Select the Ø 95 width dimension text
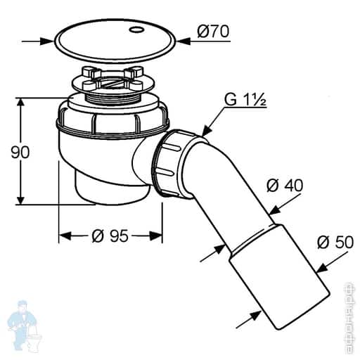tap(110, 237)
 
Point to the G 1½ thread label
tap(245, 101)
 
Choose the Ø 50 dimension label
tap(335, 243)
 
